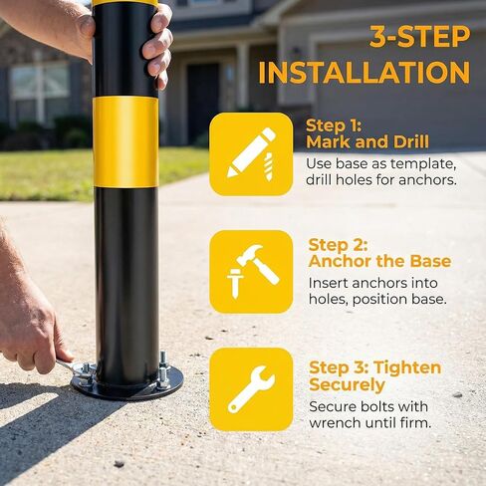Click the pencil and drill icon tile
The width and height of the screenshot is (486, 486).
(x=251, y=153)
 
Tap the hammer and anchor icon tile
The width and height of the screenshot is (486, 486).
(x=251, y=271)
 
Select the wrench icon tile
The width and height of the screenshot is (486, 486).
(x=251, y=388)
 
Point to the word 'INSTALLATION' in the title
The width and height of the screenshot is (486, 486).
(x=364, y=73)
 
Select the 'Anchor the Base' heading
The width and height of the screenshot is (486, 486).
(x=379, y=262)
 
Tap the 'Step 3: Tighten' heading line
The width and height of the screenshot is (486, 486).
(x=374, y=367)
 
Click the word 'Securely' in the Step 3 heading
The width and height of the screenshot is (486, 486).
(x=346, y=385)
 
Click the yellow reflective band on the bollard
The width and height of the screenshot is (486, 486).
(x=124, y=140)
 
